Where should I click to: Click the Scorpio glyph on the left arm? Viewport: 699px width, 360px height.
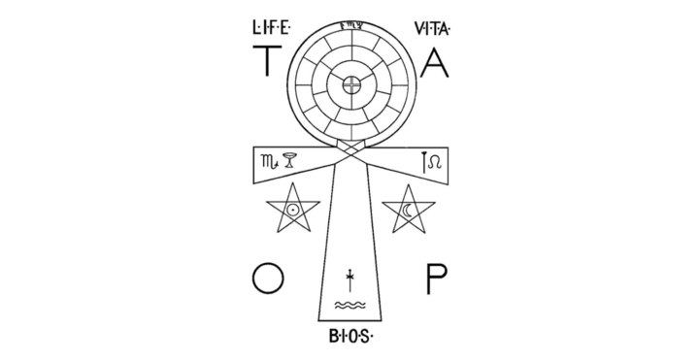pos(266,160)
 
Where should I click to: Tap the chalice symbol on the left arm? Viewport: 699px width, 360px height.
pos(287,160)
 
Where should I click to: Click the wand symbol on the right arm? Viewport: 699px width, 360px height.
pos(423,160)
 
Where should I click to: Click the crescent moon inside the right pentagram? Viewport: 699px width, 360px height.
pos(408,209)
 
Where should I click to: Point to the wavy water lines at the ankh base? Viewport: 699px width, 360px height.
pos(349,306)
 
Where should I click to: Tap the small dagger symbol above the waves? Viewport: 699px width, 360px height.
pos(349,280)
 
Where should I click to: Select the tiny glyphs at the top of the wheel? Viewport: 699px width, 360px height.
pos(349,24)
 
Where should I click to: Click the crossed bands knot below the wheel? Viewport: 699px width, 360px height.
pos(349,150)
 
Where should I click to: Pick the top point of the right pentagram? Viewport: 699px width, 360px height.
pos(408,186)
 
